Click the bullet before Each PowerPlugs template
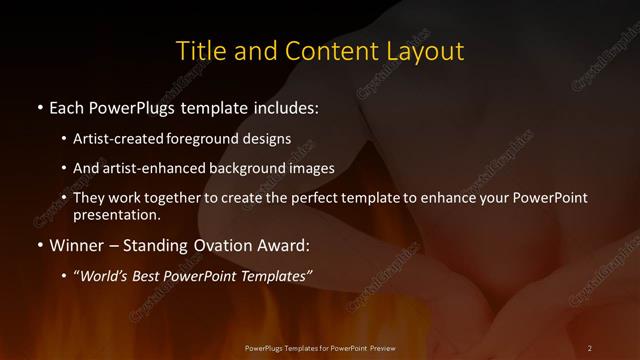tap(39, 105)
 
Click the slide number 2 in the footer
tap(590, 347)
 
